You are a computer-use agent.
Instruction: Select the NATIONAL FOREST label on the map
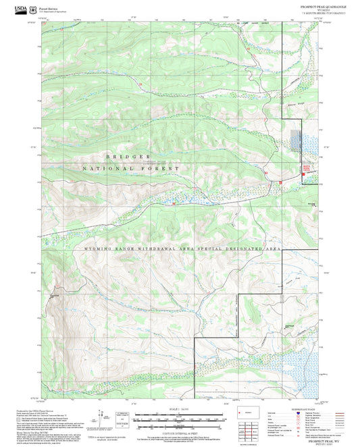[x=132, y=167]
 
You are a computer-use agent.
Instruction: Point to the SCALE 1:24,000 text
[x=178, y=409]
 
